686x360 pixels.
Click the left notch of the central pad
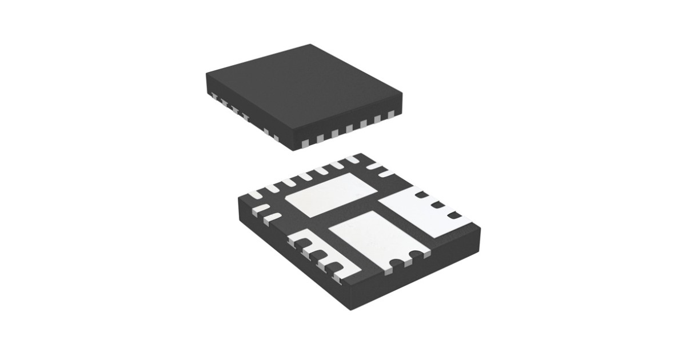395,263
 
